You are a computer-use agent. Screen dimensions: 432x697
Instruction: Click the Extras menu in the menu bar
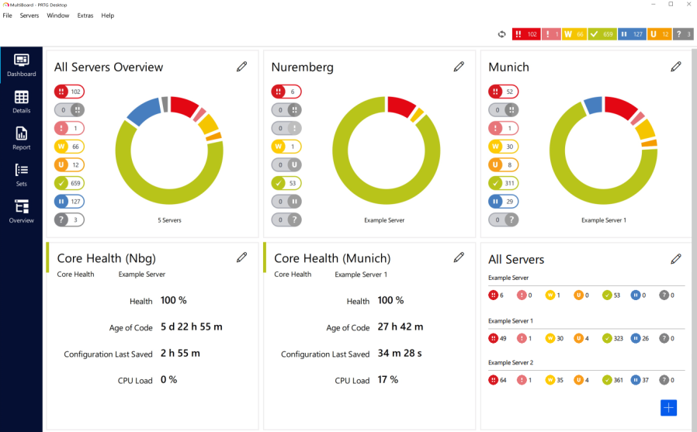pyautogui.click(x=85, y=16)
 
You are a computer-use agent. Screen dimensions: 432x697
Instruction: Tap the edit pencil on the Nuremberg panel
pyautogui.click(x=459, y=67)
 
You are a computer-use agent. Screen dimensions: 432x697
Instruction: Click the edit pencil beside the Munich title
pyautogui.click(x=676, y=67)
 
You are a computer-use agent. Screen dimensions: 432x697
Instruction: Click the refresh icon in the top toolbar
pyautogui.click(x=501, y=34)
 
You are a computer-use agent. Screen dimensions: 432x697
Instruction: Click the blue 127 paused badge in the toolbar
pyautogui.click(x=632, y=34)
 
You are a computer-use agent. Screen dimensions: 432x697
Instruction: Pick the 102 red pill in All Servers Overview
pyautogui.click(x=69, y=92)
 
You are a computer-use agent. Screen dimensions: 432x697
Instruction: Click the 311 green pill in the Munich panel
pyautogui.click(x=504, y=183)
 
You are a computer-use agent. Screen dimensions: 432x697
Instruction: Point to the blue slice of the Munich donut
pyautogui.click(x=593, y=105)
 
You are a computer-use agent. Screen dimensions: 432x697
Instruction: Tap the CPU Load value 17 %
pyautogui.click(x=388, y=380)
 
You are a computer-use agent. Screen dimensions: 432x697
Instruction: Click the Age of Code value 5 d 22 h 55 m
pyautogui.click(x=191, y=327)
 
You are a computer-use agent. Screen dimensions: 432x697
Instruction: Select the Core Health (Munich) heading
pyautogui.click(x=332, y=258)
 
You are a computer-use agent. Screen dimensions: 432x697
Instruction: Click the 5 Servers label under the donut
pyautogui.click(x=169, y=220)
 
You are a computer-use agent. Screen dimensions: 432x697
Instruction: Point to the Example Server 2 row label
pyautogui.click(x=511, y=362)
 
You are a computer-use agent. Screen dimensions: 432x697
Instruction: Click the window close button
pyautogui.click(x=686, y=5)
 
